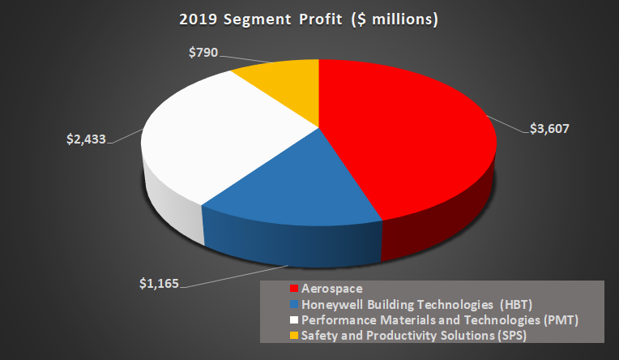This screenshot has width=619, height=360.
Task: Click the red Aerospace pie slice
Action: (405, 146)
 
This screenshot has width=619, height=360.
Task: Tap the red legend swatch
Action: (293, 289)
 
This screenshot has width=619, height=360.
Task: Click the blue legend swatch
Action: (293, 303)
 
